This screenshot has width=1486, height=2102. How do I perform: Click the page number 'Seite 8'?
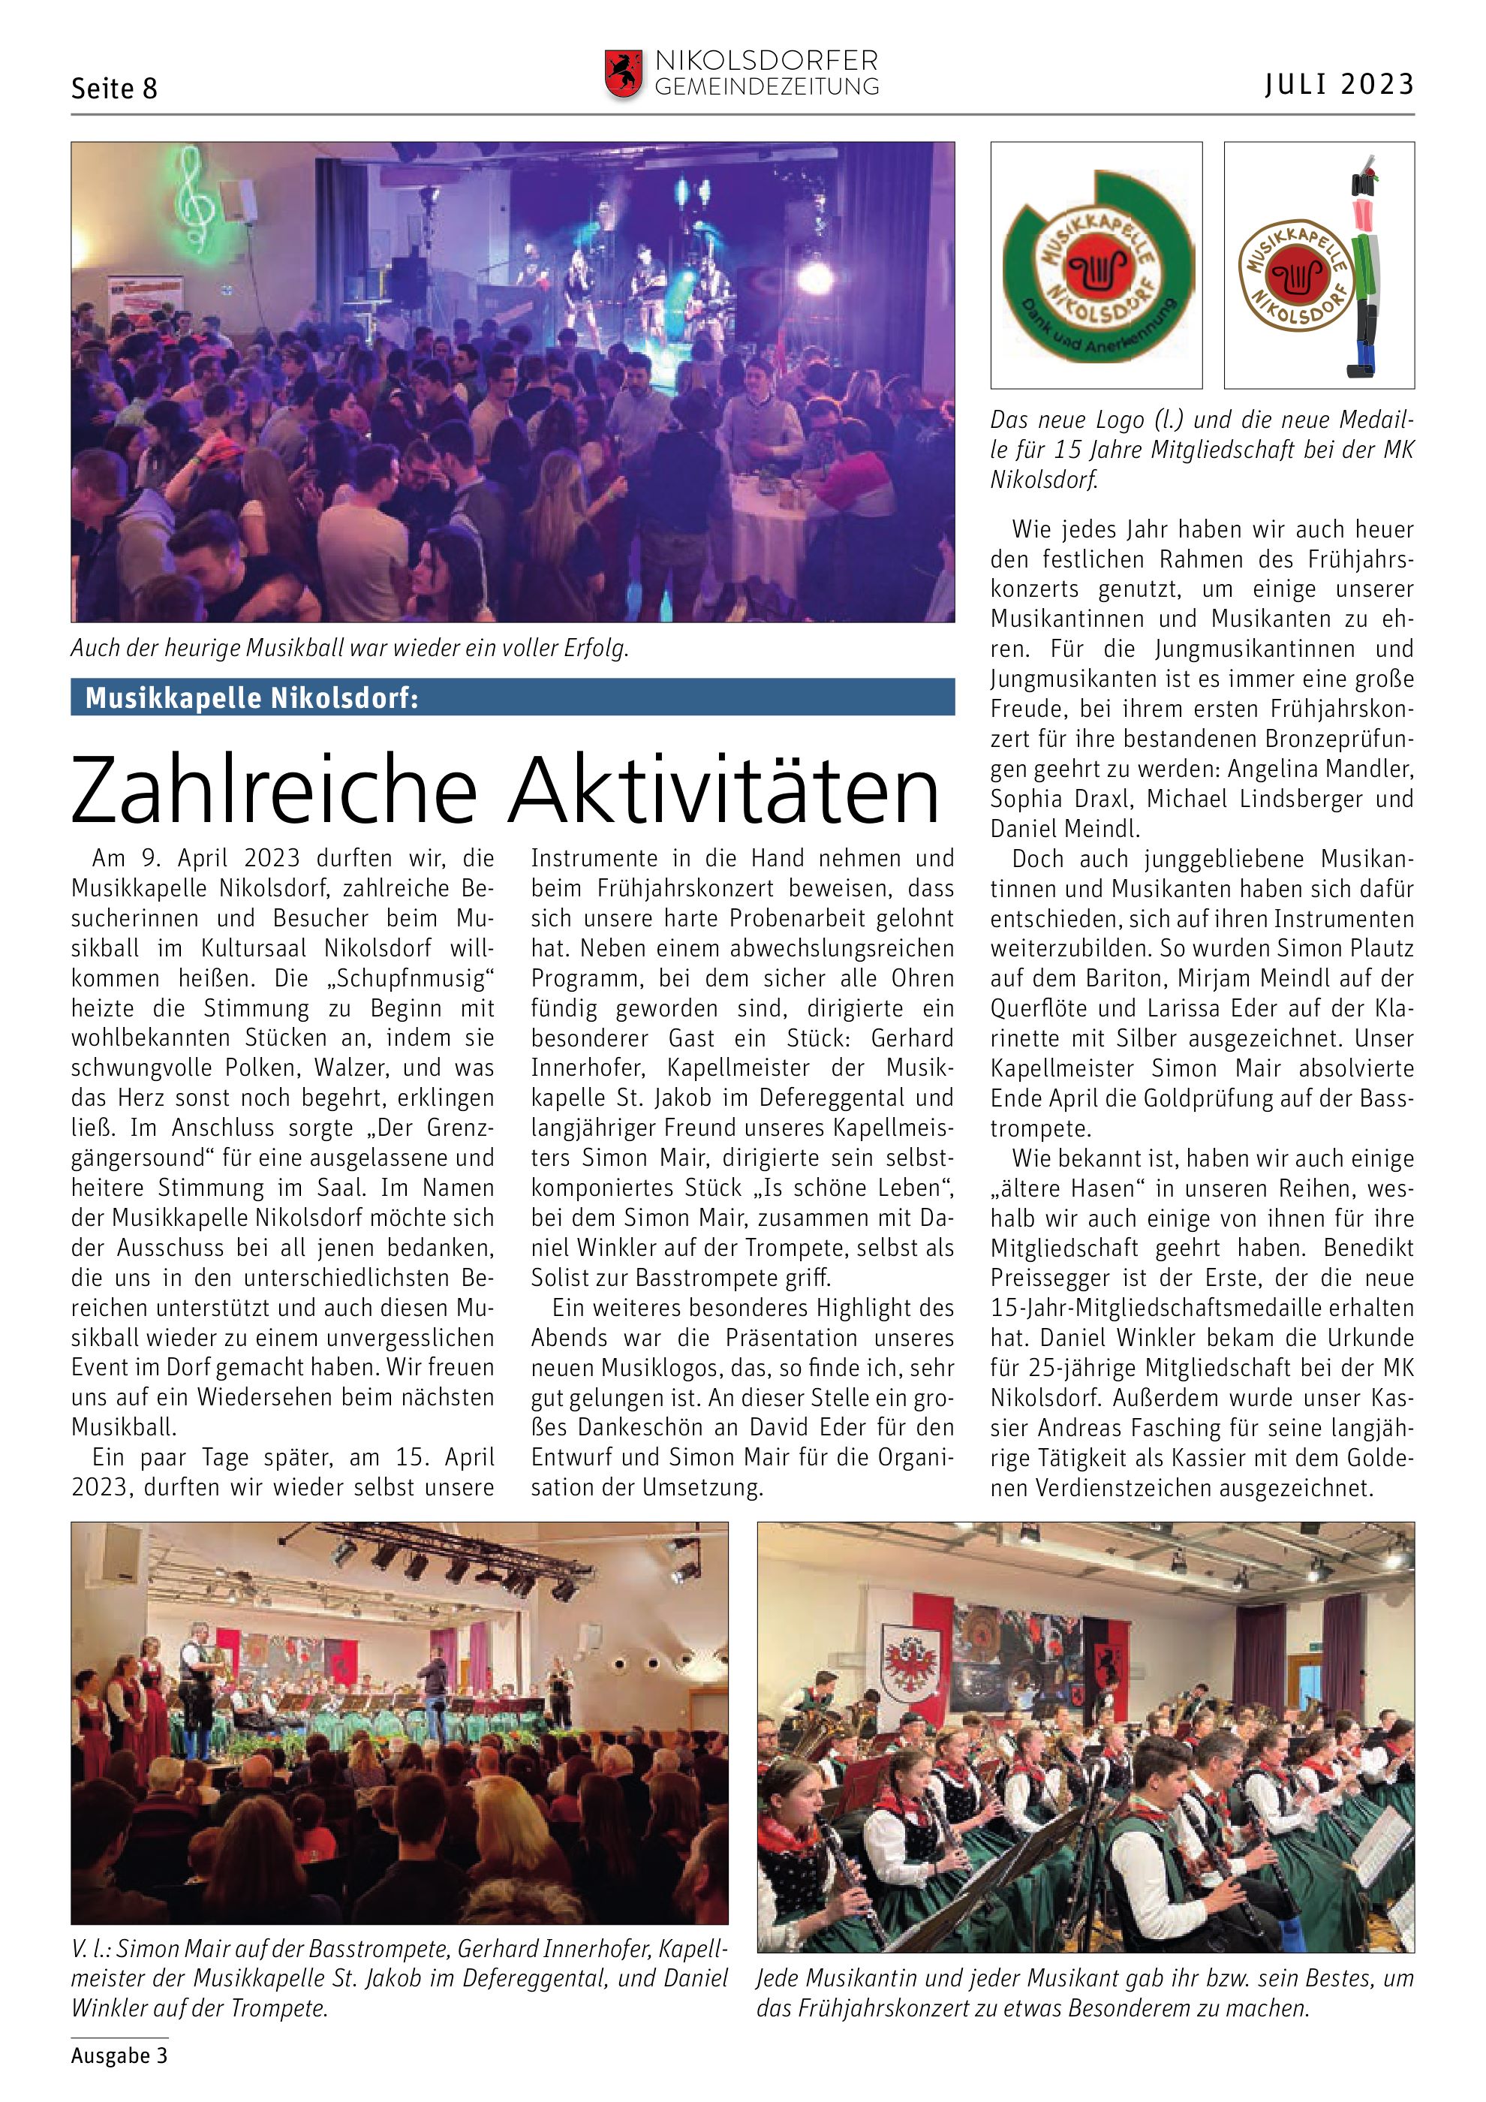[114, 89]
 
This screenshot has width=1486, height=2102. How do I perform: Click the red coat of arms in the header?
[623, 74]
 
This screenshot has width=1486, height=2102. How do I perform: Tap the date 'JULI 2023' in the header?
[1340, 84]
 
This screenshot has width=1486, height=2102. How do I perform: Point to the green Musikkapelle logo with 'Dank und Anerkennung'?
[1096, 267]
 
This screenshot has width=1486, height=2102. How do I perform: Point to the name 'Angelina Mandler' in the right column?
[1320, 769]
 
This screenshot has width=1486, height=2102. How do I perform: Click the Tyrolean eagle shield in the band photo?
[905, 1659]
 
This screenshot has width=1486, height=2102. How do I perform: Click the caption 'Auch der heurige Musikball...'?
[350, 649]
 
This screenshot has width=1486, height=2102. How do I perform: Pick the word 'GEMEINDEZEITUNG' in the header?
[767, 87]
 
